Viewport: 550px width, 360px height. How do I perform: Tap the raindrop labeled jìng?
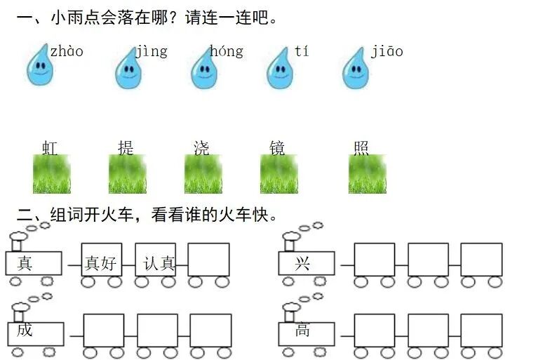click(128, 69)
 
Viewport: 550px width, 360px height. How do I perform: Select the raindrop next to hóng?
click(204, 69)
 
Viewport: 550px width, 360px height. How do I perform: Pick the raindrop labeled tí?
click(280, 69)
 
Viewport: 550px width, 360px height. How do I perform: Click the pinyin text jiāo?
click(387, 51)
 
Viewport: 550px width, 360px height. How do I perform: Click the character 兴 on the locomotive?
click(302, 263)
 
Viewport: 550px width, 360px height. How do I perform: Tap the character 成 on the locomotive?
click(25, 329)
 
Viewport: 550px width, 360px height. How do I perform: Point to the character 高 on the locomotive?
click(302, 329)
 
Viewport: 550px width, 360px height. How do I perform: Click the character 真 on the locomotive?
click(25, 263)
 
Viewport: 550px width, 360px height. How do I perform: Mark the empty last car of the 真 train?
click(208, 260)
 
